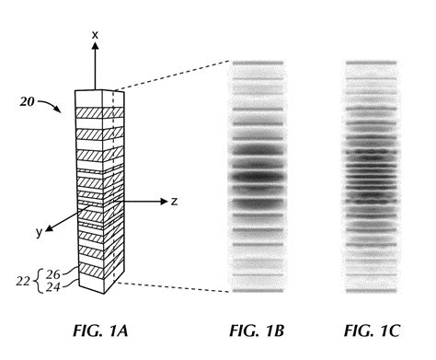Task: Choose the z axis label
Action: pyautogui.click(x=174, y=201)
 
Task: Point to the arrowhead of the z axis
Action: pyautogui.click(x=160, y=201)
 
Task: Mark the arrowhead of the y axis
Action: pyautogui.click(x=51, y=225)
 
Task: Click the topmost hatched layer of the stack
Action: pyautogui.click(x=91, y=114)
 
